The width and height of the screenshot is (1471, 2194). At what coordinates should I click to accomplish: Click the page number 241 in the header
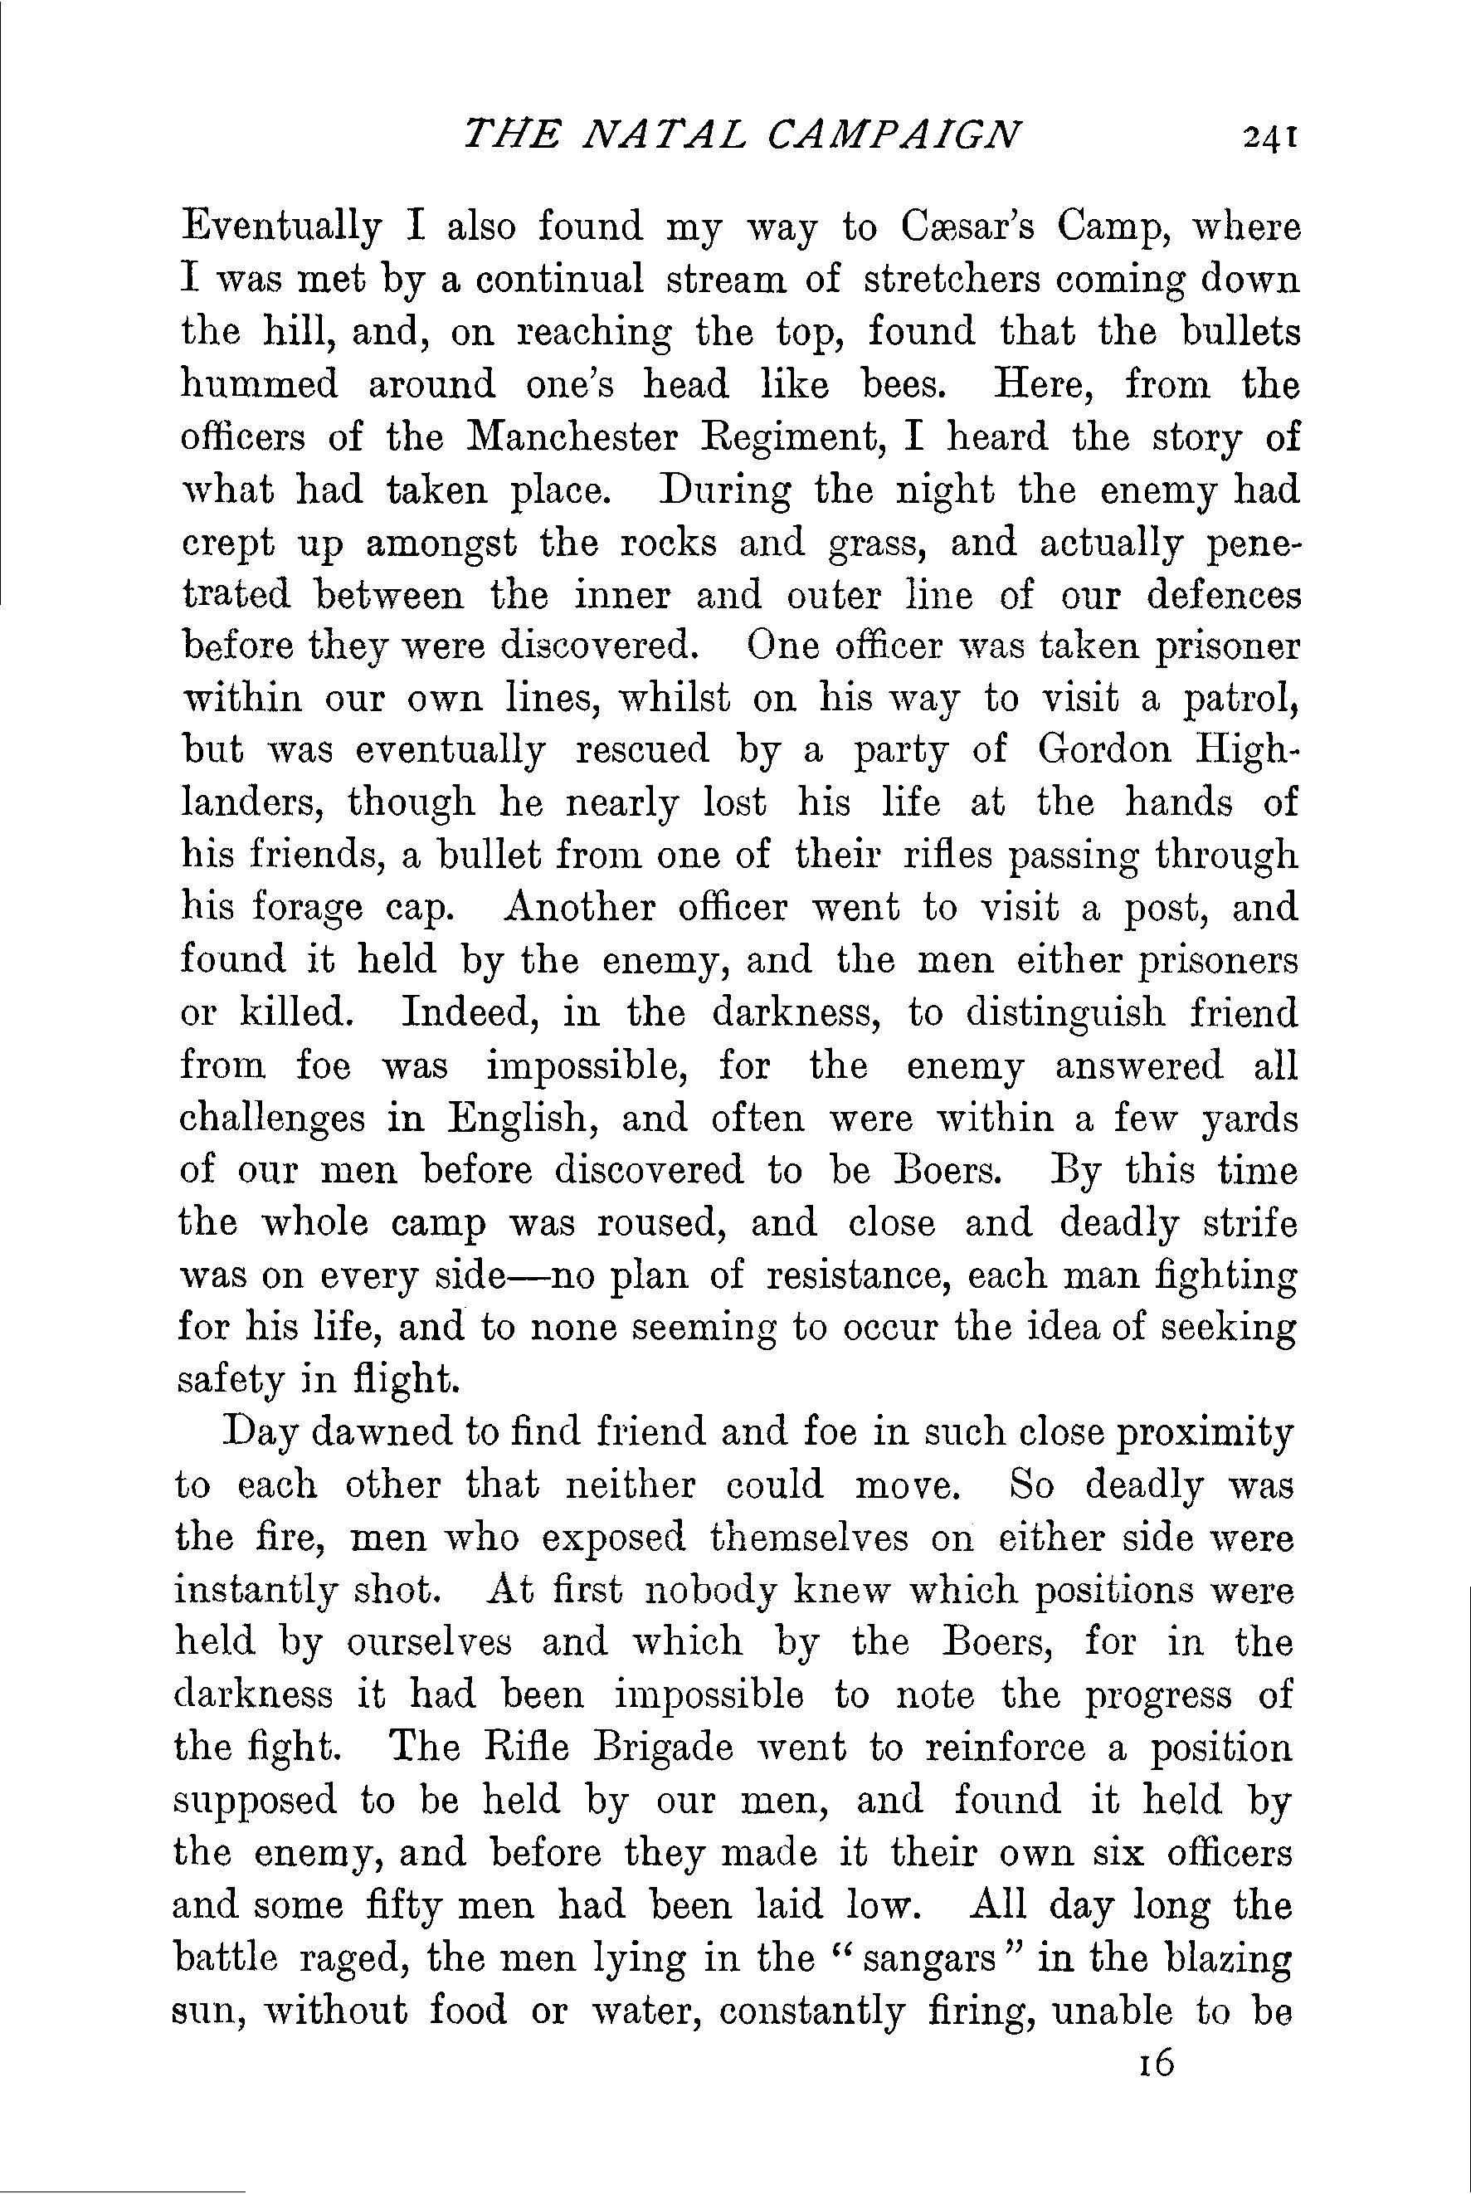point(1269,138)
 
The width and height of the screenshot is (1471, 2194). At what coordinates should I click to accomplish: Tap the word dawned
point(370,1434)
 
